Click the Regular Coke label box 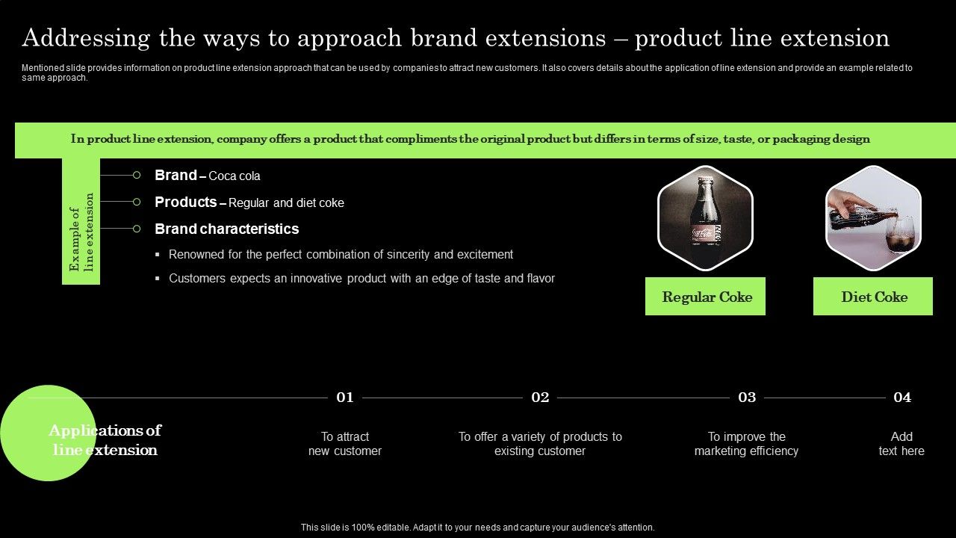[705, 297]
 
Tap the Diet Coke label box [873, 297]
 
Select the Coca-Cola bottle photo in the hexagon [705, 218]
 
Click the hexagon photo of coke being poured [873, 218]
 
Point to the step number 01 [345, 398]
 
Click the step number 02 [540, 398]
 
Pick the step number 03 [747, 398]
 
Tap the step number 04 [902, 398]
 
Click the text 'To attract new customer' [345, 444]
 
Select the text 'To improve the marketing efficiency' [746, 444]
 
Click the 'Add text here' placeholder [901, 444]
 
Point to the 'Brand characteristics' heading [226, 229]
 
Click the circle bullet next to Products [137, 202]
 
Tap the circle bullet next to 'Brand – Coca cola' [137, 175]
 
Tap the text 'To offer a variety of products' [540, 436]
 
